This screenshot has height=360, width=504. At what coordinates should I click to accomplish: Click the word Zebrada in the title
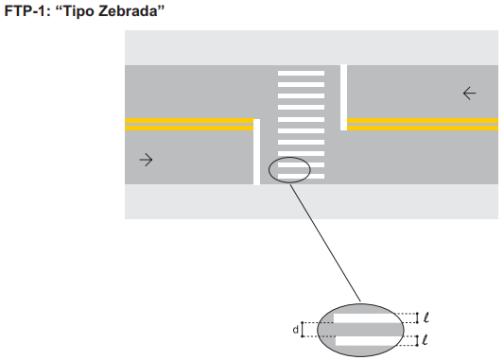point(129,11)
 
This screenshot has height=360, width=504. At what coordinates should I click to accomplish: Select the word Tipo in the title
point(79,11)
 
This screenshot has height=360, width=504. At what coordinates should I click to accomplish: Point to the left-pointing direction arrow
point(469,94)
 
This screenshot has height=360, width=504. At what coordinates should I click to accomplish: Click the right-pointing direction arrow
point(146,160)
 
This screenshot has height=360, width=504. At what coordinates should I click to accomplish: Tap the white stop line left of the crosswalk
point(256,152)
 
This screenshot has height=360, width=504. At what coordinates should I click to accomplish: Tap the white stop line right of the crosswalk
point(343,97)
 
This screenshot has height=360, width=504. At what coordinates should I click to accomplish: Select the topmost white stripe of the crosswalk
point(302,73)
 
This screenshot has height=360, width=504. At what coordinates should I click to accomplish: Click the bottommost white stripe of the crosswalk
point(302,177)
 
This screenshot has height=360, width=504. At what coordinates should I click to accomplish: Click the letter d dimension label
point(295,330)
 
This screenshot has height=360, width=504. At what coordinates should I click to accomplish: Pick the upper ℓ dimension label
point(426,317)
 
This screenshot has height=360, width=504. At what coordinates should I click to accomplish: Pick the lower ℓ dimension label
point(425,340)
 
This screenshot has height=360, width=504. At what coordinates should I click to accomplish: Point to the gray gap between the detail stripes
point(360,330)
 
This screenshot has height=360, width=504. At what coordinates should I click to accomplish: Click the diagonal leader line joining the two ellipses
point(325,243)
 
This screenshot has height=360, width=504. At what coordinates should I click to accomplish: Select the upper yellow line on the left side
point(189,121)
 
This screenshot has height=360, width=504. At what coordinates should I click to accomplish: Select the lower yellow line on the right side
point(423,129)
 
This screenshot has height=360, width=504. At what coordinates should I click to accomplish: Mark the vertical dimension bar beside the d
point(303,330)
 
